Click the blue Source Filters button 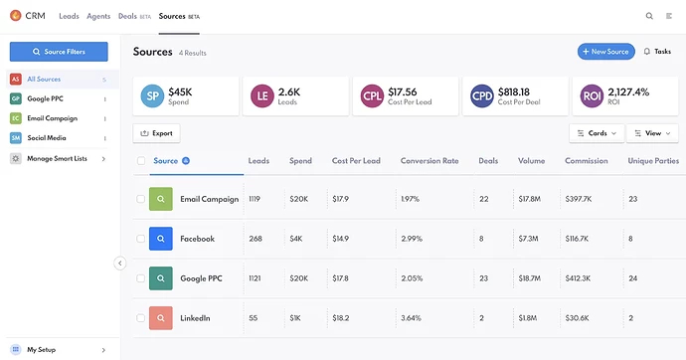pos(59,52)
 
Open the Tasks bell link pos(657,52)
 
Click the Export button pos(156,133)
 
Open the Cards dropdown pos(597,133)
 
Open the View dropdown pos(652,133)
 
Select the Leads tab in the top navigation pos(70,16)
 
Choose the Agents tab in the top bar pos(98,16)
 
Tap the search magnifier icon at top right pos(649,16)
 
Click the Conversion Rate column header pos(429,161)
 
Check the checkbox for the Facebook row pos(140,239)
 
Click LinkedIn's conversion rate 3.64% pos(411,318)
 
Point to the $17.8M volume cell pos(529,199)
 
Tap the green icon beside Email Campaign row pos(160,199)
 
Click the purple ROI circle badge pos(592,95)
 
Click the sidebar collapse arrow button pos(120,263)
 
